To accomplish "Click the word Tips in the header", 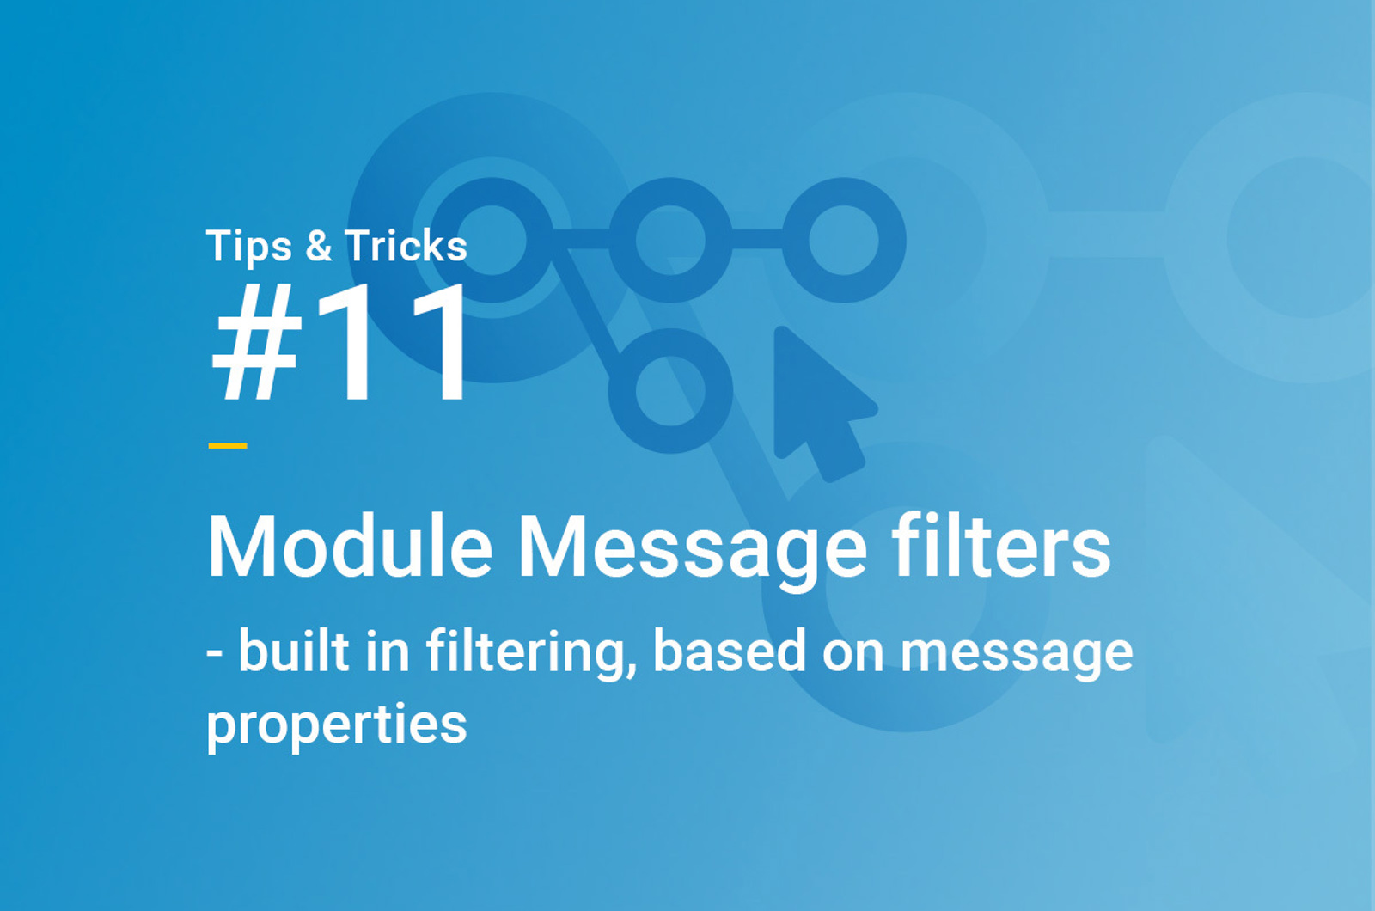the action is [248, 247].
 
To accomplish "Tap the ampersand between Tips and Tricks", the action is [319, 246].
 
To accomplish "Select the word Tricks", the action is [406, 246].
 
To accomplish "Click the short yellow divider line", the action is [228, 446].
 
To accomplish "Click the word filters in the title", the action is [1001, 545].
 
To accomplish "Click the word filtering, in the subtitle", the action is [532, 654].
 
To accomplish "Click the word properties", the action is [337, 727].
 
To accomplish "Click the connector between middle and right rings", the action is [757, 240].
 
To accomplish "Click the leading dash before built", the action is [214, 653].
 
